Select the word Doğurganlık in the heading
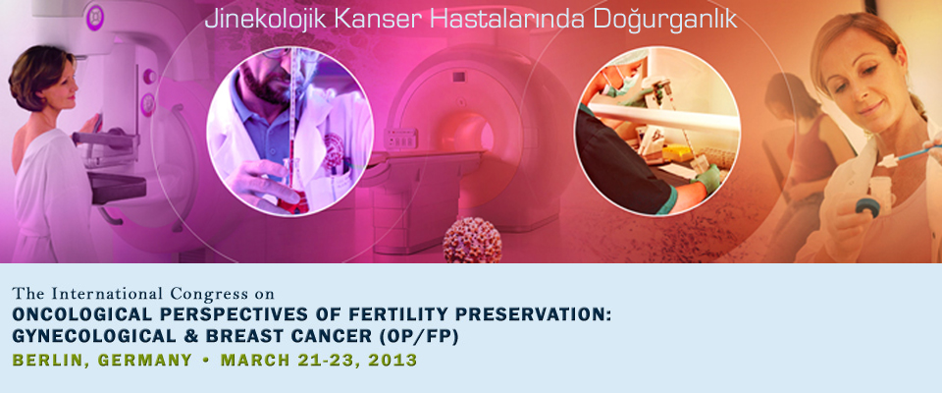[664, 20]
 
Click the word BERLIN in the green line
[50, 361]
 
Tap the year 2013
[392, 361]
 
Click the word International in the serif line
[108, 295]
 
